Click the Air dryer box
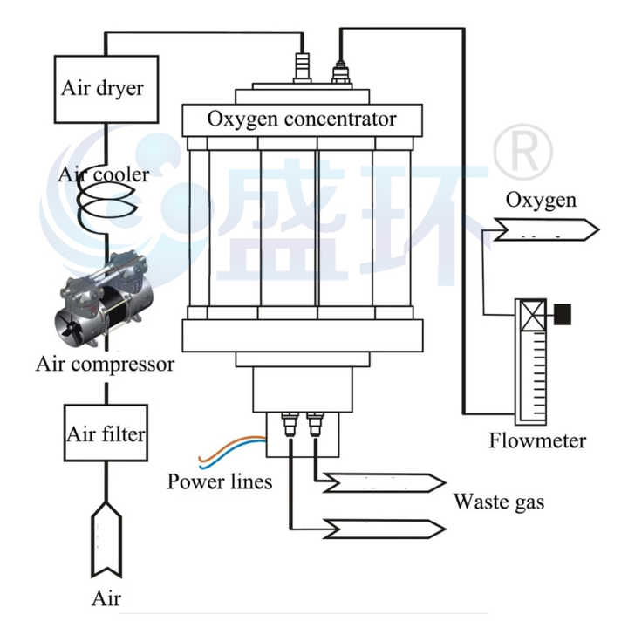106,88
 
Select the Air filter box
106,433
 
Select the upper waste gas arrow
385,482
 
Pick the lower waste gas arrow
385,528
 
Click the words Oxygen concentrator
302,119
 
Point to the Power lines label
220,481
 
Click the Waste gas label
499,502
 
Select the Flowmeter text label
537,440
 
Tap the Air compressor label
105,363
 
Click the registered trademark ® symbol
522,151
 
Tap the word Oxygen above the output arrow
541,200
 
